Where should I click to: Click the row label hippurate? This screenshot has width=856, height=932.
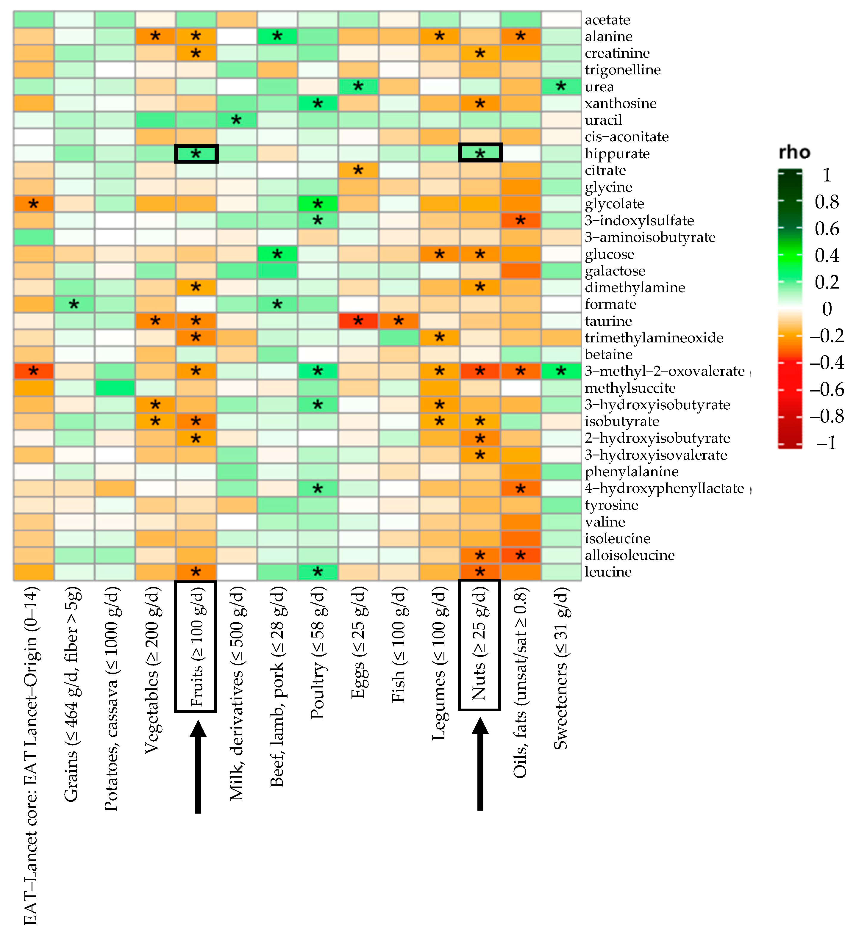[x=617, y=154]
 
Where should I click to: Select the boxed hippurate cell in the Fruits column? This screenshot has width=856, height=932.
[x=196, y=154]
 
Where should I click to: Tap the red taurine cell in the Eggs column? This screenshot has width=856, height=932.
[x=358, y=321]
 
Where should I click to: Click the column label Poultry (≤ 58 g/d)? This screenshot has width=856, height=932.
[x=318, y=653]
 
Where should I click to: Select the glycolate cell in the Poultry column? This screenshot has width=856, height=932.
[x=318, y=204]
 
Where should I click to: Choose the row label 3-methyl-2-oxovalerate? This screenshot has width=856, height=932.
[x=664, y=371]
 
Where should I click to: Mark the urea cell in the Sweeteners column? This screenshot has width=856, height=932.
[x=561, y=87]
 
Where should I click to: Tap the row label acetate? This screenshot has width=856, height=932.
[x=607, y=20]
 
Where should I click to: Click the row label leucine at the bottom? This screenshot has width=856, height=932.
[x=608, y=572]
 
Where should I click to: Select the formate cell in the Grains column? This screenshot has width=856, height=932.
[x=74, y=304]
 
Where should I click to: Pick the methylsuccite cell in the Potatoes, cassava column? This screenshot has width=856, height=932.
[x=115, y=388]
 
